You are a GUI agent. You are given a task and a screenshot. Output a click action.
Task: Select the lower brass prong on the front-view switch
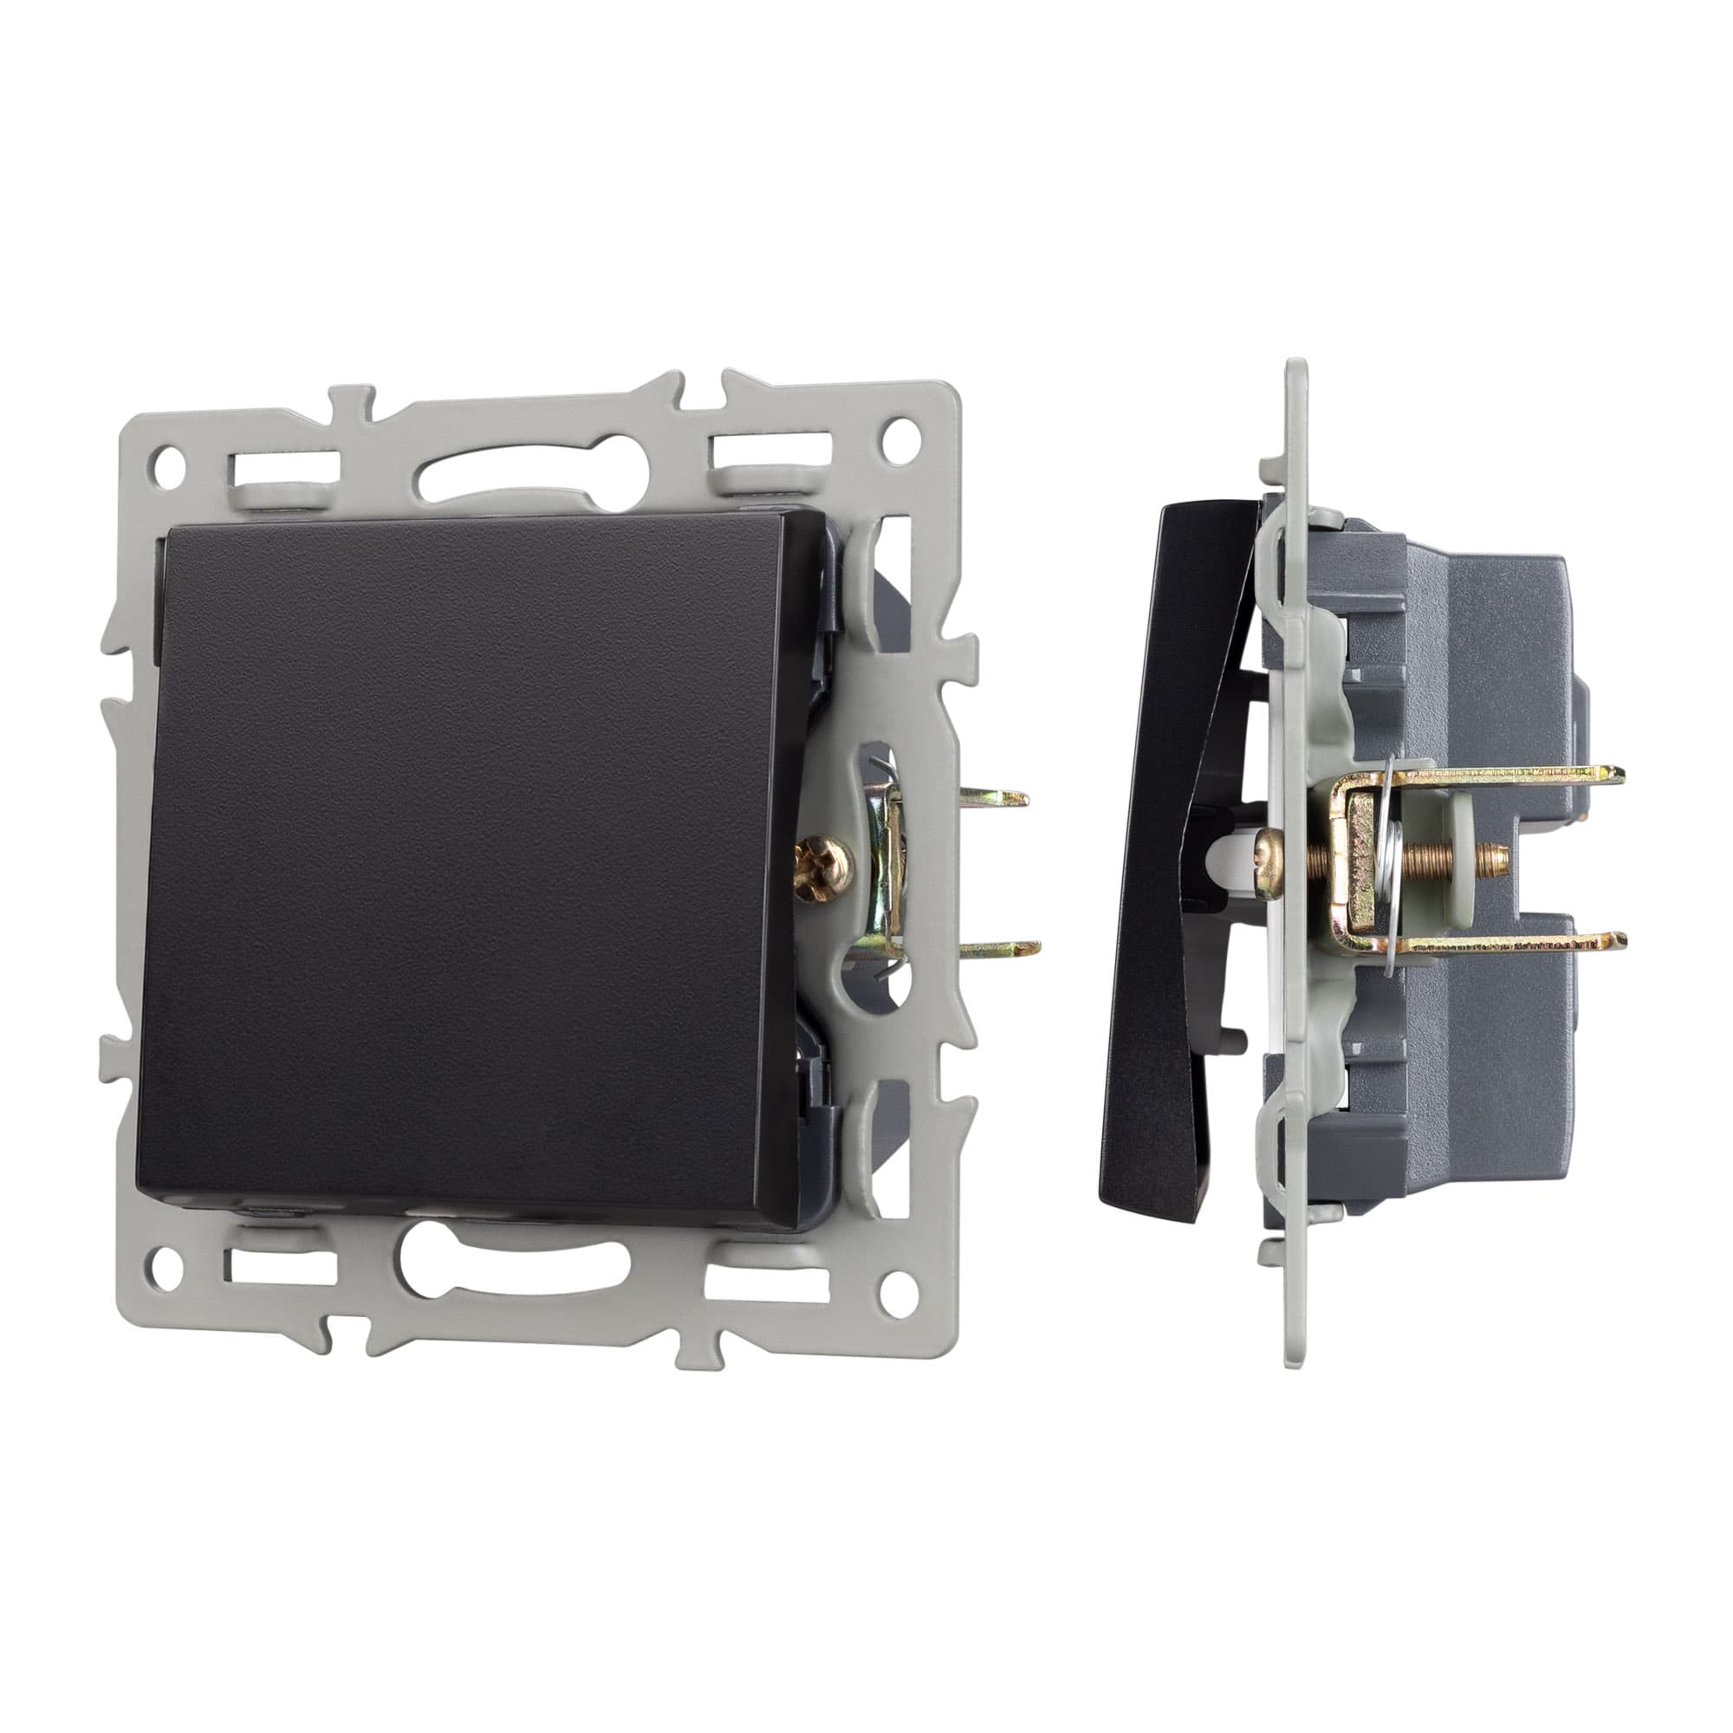[1004, 945]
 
